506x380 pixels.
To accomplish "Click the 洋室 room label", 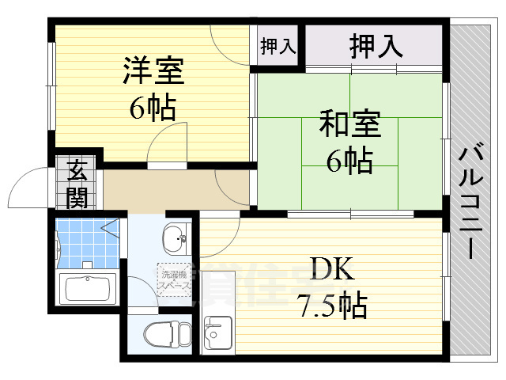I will [x=153, y=70].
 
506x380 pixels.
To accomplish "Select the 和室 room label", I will [x=350, y=125].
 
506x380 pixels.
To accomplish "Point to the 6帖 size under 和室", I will [x=349, y=161].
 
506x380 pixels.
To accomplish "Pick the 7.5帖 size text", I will [x=332, y=303].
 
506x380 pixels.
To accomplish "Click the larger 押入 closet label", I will [x=376, y=46].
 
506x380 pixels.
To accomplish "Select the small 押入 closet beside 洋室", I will [x=278, y=46].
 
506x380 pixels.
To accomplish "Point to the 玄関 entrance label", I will [x=77, y=183].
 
